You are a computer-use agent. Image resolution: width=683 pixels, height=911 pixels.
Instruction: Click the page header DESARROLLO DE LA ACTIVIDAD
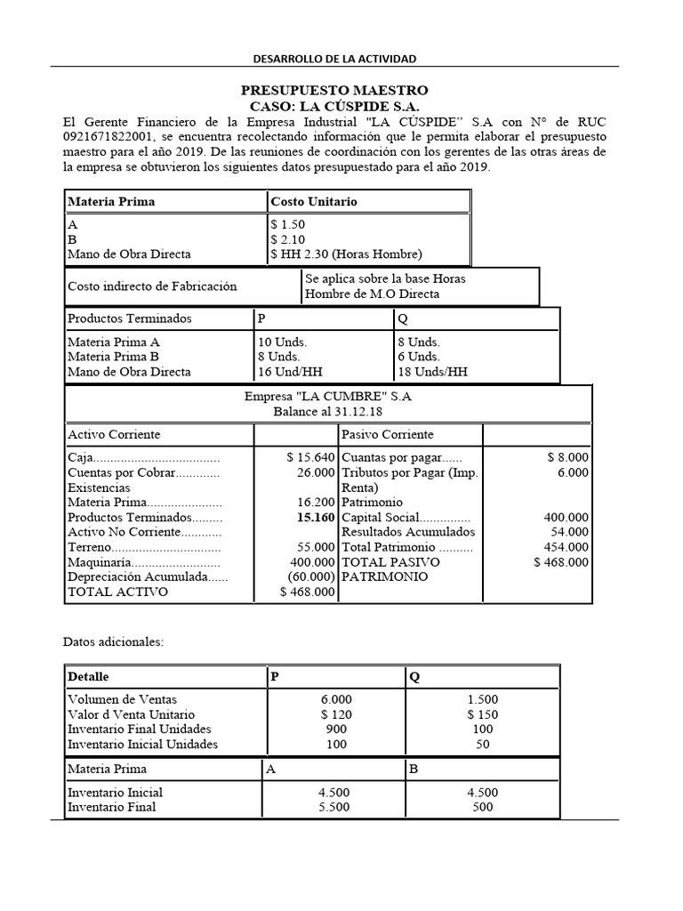pos(335,59)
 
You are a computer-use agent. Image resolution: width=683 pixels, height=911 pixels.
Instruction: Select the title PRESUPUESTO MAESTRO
pos(334,91)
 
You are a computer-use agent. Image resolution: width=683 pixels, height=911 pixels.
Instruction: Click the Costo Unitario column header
pos(314,202)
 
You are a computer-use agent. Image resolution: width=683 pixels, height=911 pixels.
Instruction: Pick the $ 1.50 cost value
pos(287,226)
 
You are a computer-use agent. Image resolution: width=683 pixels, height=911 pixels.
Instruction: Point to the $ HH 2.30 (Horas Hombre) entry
pos(346,254)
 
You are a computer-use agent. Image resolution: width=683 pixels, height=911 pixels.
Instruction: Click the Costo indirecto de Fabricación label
pos(152,286)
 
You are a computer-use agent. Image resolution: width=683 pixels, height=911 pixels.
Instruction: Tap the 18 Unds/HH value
pos(432,372)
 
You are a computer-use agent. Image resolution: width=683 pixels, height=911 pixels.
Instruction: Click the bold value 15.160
pos(316,517)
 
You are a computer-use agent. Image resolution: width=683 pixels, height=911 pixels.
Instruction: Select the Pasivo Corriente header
pos(388,434)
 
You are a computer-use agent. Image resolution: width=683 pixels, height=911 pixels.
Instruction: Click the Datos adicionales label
pos(113,641)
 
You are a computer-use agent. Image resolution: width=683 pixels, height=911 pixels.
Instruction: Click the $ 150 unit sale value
pos(482,714)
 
